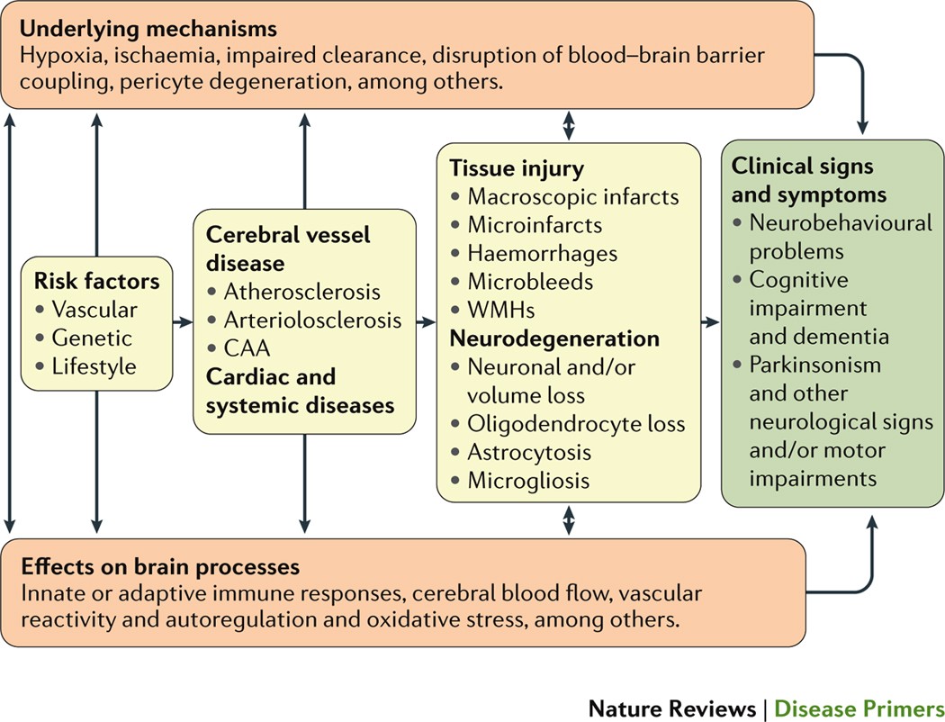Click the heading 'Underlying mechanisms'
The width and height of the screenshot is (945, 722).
click(x=148, y=28)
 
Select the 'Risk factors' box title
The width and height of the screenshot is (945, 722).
click(x=96, y=281)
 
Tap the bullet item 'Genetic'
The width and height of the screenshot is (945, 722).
click(x=92, y=338)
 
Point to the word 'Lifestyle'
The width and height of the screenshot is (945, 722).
click(x=94, y=366)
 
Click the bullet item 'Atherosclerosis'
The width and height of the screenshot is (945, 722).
click(x=301, y=292)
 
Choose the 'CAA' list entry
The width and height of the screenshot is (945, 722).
click(x=247, y=348)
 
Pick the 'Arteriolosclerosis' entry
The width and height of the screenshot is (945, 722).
click(x=312, y=320)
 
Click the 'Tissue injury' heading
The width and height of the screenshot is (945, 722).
click(x=517, y=168)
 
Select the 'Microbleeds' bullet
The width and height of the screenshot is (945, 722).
click(x=530, y=282)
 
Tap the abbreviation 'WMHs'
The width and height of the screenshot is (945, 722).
click(x=500, y=310)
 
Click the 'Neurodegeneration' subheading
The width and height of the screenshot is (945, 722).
click(x=554, y=338)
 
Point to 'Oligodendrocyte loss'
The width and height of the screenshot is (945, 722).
click(x=576, y=424)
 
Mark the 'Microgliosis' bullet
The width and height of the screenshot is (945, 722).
click(x=528, y=481)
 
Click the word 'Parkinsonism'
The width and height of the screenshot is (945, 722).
click(x=814, y=365)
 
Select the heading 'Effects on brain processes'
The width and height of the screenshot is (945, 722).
click(x=160, y=566)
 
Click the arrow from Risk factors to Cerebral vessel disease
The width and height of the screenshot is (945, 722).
click(x=183, y=322)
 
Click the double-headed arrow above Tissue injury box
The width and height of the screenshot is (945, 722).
click(x=568, y=125)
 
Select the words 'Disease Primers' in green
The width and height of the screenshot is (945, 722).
click(x=859, y=708)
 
